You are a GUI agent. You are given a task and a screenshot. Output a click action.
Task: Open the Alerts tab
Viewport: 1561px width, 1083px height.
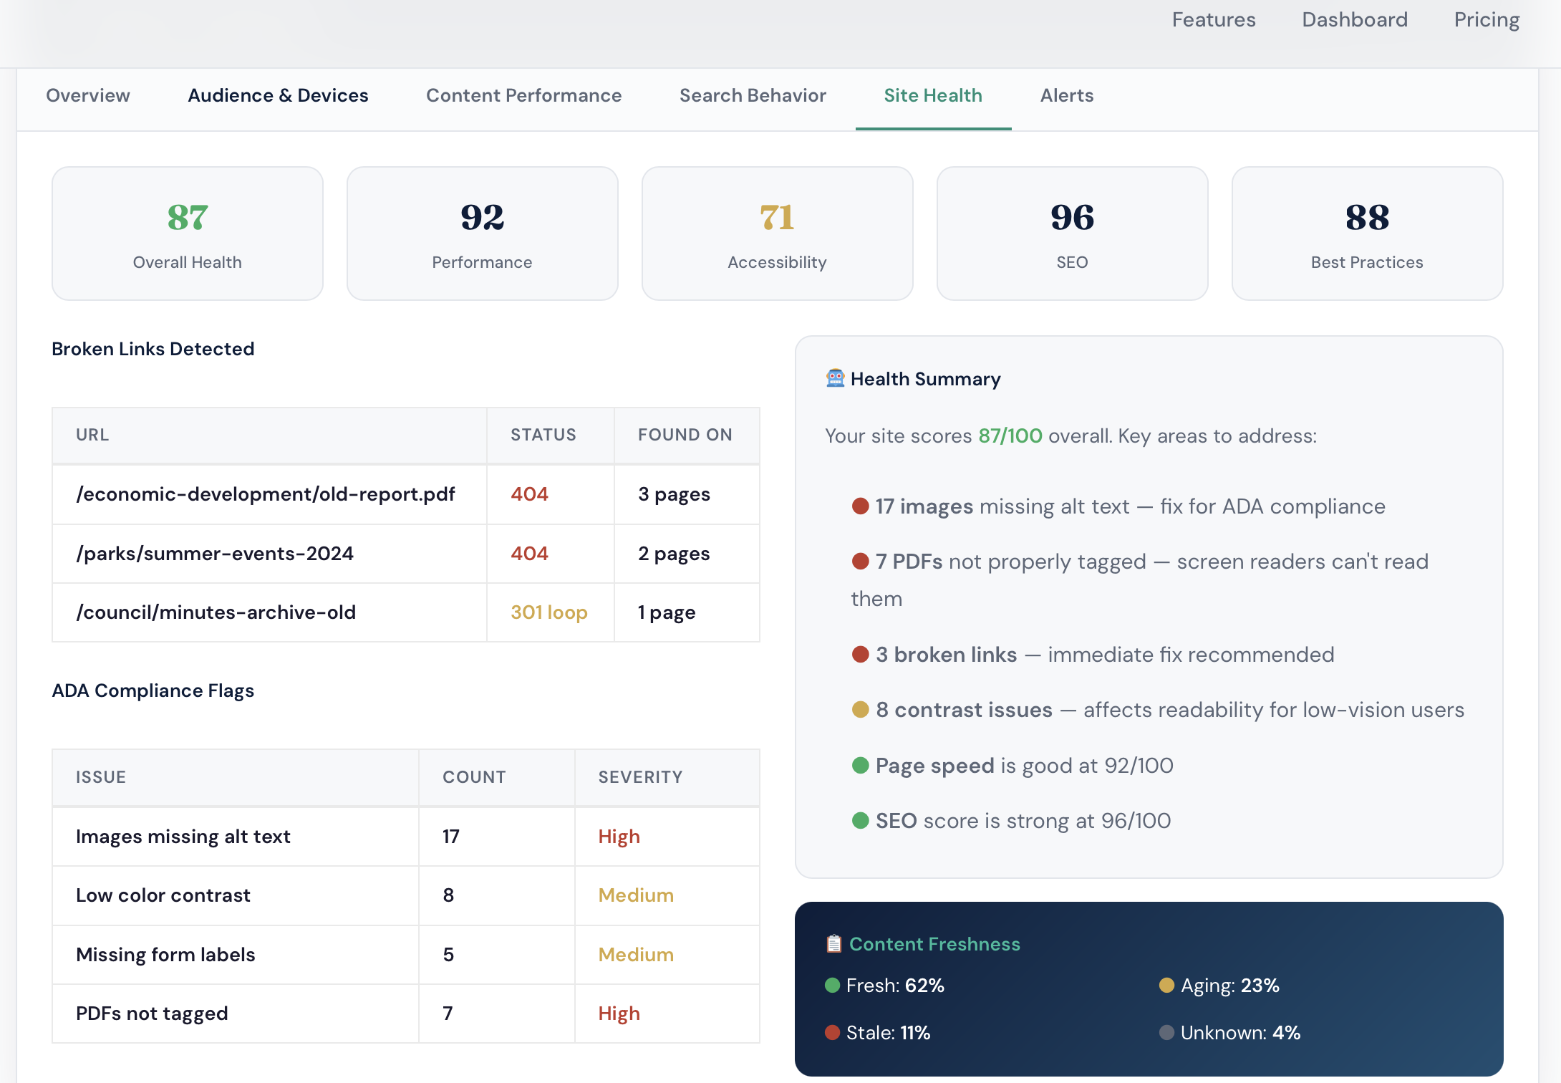[x=1066, y=95]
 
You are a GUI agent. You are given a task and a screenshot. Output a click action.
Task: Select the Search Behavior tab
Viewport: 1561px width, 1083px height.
[x=753, y=95]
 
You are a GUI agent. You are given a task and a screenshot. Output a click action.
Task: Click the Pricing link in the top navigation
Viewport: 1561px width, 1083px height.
[x=1487, y=20]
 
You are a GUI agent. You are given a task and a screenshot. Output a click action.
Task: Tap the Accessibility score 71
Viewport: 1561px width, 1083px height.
[x=777, y=218]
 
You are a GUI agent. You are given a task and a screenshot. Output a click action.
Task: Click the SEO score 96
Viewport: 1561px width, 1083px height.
[x=1072, y=218]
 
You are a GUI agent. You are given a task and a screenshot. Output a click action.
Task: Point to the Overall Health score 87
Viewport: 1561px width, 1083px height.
[x=188, y=218]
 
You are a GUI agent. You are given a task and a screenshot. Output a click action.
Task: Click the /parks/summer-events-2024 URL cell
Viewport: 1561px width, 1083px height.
[x=215, y=554]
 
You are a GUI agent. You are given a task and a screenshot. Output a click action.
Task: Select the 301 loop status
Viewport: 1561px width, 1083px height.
[x=548, y=612]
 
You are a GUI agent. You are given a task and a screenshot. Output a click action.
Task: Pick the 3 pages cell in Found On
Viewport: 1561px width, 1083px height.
[x=674, y=494]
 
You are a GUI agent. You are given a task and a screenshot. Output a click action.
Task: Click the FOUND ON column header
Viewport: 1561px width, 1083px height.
[x=685, y=435]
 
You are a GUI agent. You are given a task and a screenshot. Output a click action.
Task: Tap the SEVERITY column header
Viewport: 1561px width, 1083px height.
[x=640, y=777]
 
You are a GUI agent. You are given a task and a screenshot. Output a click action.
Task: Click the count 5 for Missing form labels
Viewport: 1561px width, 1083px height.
[x=448, y=955]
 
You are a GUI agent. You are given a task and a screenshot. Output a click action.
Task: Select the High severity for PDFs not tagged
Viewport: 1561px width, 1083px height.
[x=619, y=1014]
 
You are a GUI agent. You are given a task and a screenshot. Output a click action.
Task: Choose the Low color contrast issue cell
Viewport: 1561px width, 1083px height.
[x=163, y=895]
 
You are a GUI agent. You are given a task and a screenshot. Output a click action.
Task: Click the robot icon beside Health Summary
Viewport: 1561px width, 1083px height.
[x=835, y=378]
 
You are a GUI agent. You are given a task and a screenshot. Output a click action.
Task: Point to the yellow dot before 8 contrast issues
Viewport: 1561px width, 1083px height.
[x=860, y=710]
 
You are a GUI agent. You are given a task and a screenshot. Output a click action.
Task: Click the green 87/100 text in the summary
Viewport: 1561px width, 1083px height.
[x=1010, y=436]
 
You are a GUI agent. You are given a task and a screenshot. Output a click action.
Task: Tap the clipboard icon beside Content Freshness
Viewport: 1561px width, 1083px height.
[x=833, y=944]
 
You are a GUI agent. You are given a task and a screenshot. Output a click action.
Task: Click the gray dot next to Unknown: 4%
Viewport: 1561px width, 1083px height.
[x=1166, y=1033]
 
